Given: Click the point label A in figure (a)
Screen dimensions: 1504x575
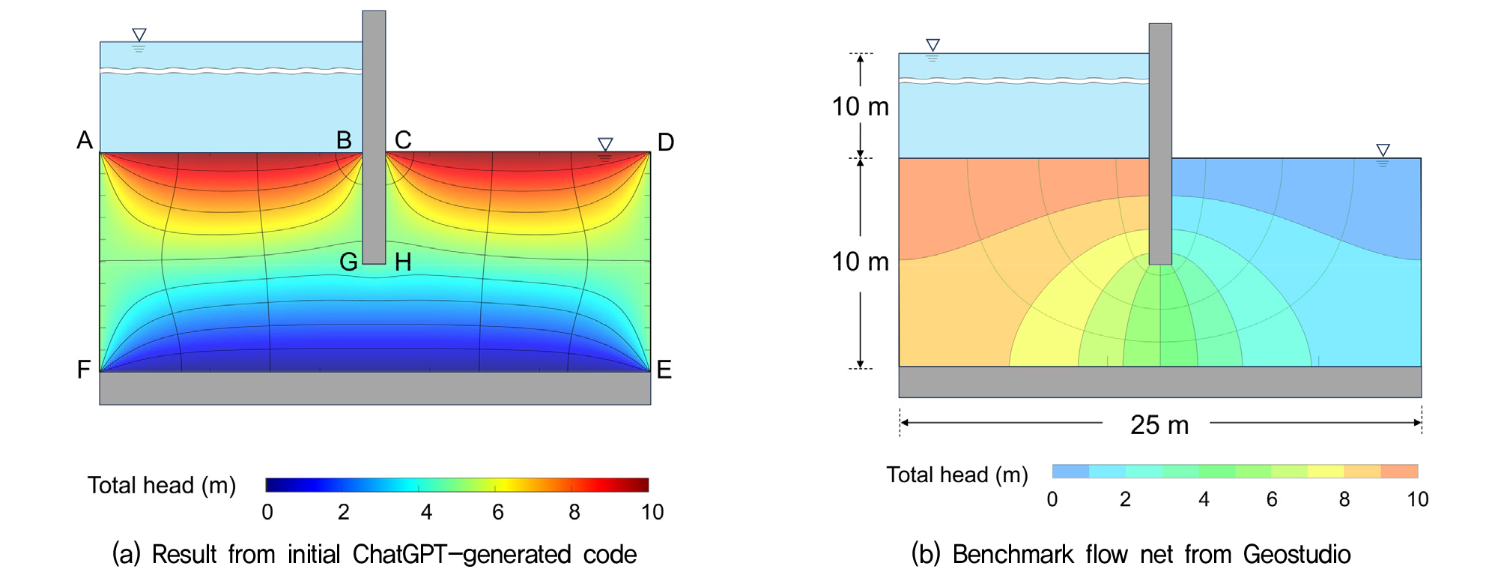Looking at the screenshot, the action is [x=85, y=140].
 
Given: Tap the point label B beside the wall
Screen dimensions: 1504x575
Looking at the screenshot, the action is [x=344, y=140].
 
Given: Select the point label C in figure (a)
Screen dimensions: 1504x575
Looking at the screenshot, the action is [x=403, y=140].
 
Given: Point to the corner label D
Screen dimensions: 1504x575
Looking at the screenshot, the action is [x=666, y=142].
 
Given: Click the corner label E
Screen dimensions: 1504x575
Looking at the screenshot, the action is [x=664, y=370].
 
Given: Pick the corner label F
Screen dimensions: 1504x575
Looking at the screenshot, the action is [x=84, y=370].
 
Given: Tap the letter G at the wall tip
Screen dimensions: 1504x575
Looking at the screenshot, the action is [x=348, y=262].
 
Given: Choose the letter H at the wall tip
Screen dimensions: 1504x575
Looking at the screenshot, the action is [x=403, y=262].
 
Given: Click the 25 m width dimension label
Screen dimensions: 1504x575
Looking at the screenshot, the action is [x=1159, y=425].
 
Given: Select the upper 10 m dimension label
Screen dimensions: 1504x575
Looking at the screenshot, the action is [x=861, y=106].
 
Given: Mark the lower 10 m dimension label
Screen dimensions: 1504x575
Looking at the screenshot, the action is [x=861, y=262].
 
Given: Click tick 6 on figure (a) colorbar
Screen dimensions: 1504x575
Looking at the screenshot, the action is [x=498, y=512].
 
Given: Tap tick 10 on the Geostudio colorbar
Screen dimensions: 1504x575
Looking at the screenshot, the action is [x=1417, y=499].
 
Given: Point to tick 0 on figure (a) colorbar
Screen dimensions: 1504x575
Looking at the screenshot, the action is [x=267, y=512].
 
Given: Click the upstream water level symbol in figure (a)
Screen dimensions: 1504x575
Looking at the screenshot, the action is [x=139, y=40].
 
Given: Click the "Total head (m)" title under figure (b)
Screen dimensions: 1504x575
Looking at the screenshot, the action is [x=957, y=475].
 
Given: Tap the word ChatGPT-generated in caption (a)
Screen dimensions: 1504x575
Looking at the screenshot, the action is [x=461, y=554].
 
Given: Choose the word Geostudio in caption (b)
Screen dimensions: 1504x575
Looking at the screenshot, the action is [x=1297, y=554].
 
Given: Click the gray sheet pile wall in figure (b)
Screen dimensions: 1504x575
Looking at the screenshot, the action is [x=1160, y=144].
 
